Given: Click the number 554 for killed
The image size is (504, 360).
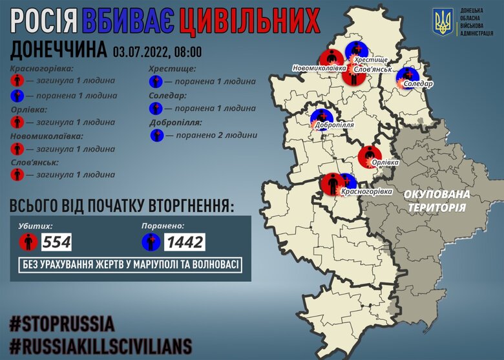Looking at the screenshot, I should (x=56, y=242).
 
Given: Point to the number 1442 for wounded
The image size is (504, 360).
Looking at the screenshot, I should (x=184, y=242).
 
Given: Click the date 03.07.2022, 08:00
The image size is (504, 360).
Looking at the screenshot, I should (x=157, y=51).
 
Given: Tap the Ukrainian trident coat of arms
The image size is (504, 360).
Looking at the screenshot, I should (x=443, y=23).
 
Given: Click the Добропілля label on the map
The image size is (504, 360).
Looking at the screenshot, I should (x=335, y=129).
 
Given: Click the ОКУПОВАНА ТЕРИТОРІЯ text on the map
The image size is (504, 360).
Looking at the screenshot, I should (x=437, y=201).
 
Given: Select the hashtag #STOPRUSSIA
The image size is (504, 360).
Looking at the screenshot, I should (x=62, y=323).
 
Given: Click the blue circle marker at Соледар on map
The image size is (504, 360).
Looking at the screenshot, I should (x=407, y=77).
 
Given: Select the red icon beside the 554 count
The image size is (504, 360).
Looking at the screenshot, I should (x=28, y=242).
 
